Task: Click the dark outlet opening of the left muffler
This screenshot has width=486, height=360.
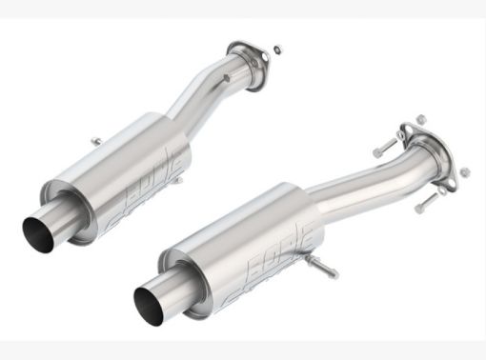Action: (36, 229)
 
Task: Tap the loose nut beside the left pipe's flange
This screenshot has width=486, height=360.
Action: (275, 49)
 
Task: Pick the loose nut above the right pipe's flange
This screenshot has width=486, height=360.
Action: (420, 118)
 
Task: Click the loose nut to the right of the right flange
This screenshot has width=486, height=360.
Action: (465, 172)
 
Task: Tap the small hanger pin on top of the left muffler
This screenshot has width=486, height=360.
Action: (95, 142)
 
